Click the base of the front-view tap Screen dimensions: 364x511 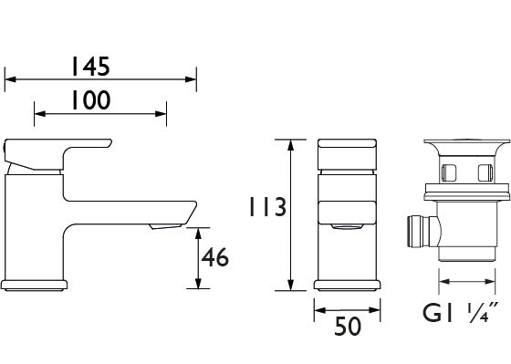pos(347,283)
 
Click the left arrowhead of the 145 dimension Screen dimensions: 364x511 pos(9,79)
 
